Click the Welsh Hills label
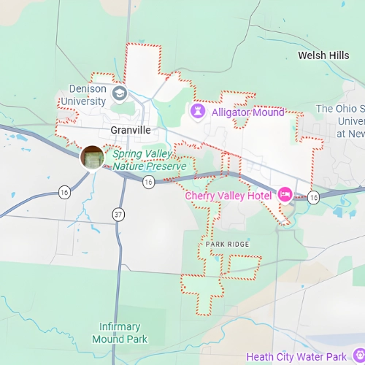pyautogui.click(x=324, y=55)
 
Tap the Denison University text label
pyautogui.click(x=83, y=95)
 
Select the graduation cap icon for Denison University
pyautogui.click(x=119, y=93)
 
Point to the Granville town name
pyautogui.click(x=130, y=129)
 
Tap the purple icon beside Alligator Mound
pyautogui.click(x=197, y=112)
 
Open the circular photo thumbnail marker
pyautogui.click(x=93, y=157)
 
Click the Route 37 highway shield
pyautogui.click(x=118, y=213)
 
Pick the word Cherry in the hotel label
pyautogui.click(x=201, y=196)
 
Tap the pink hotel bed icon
pyautogui.click(x=285, y=194)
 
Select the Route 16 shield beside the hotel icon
pyautogui.click(x=313, y=197)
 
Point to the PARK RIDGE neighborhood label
pyautogui.click(x=227, y=244)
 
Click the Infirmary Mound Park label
pyautogui.click(x=120, y=333)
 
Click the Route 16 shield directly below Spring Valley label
pyautogui.click(x=148, y=182)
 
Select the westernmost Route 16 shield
pyautogui.click(x=64, y=193)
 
